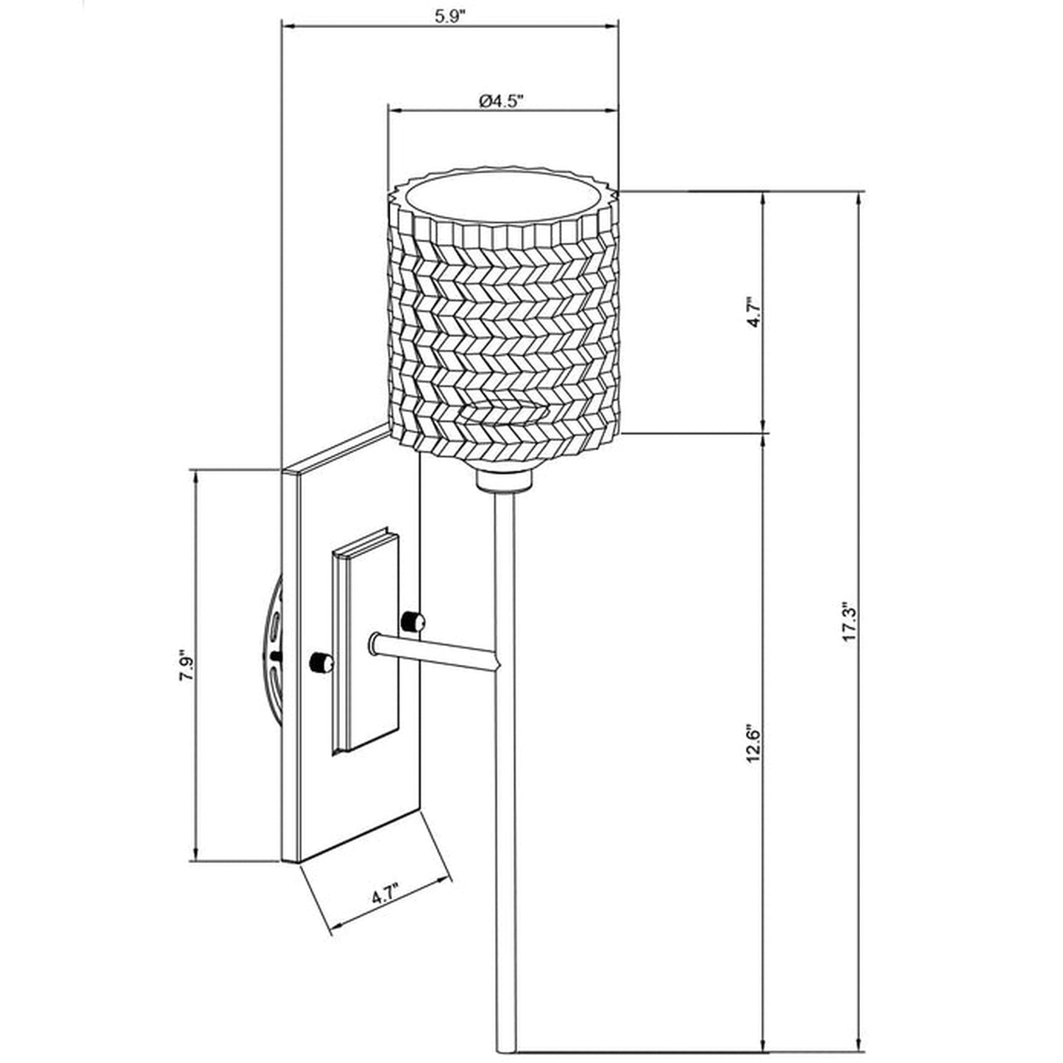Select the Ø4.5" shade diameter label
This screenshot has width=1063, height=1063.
(x=500, y=101)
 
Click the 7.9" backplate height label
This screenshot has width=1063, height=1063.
(x=185, y=668)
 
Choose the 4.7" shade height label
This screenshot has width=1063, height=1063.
(x=751, y=313)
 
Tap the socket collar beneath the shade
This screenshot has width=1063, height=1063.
(x=504, y=481)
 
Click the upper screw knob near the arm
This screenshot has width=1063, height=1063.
(x=413, y=622)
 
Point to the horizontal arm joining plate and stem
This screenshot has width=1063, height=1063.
(x=434, y=653)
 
